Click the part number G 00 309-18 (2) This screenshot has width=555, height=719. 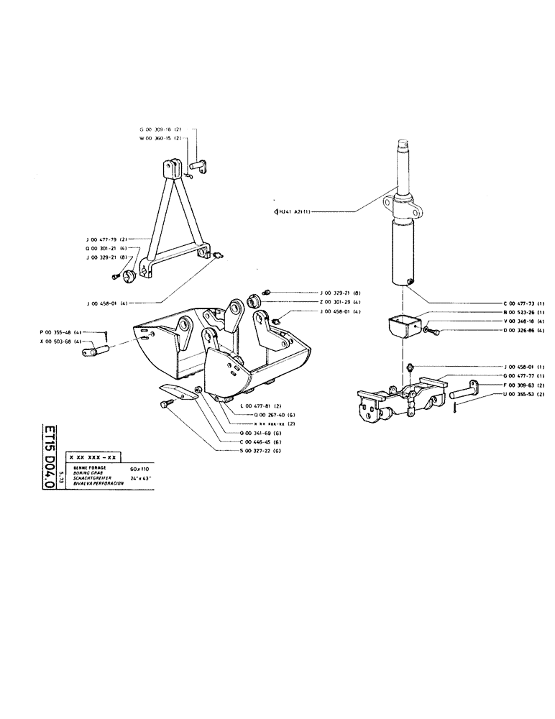[x=160, y=129]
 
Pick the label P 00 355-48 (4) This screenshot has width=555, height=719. [x=62, y=331]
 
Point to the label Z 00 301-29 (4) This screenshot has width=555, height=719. [x=341, y=302]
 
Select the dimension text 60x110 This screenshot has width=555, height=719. [x=139, y=468]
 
